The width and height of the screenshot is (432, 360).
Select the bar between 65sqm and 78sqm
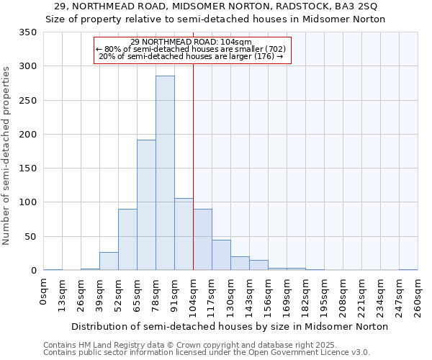[146, 205]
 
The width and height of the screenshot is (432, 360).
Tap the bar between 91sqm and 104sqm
[184, 234]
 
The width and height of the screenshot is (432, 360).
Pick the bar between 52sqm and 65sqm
[127, 240]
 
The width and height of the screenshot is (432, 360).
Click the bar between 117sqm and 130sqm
[221, 255]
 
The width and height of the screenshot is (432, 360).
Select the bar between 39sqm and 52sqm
[109, 261]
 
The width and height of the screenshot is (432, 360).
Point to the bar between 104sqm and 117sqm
[202, 240]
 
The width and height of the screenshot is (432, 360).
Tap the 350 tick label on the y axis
[27, 32]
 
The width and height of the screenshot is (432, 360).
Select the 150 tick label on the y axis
[27, 168]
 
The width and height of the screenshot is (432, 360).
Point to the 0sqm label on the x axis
[44, 292]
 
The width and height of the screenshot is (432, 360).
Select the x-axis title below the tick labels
[230, 326]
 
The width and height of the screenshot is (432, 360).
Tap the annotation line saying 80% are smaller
[191, 49]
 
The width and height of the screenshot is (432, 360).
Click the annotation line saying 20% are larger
[191, 56]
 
